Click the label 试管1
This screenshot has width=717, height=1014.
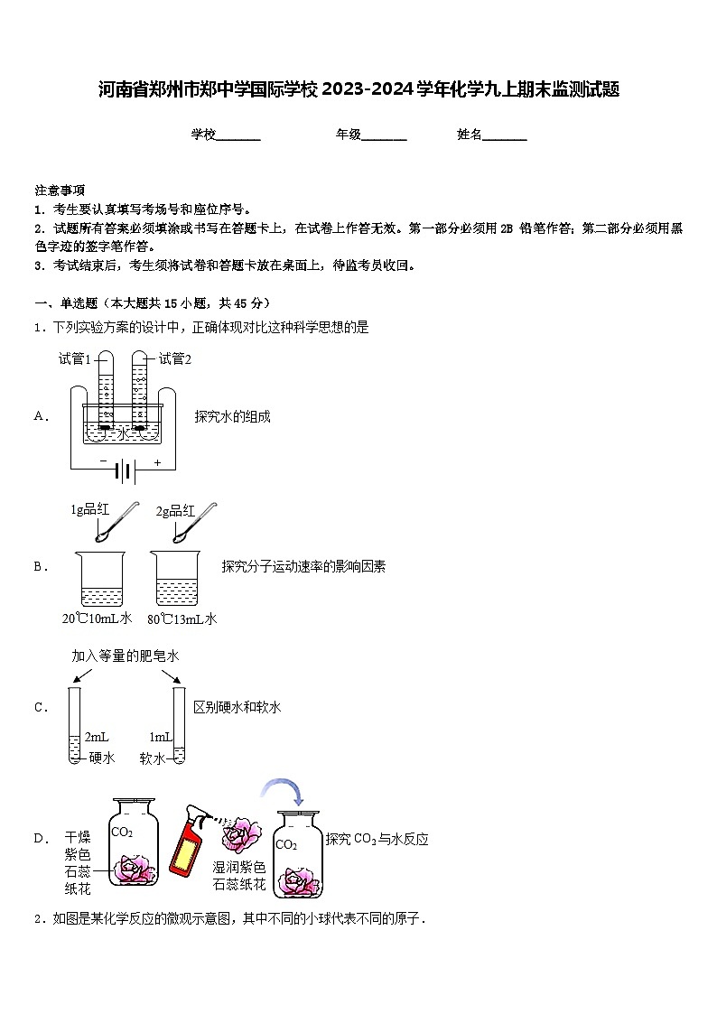[x=75, y=358]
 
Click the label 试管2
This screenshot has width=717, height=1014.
[x=175, y=358]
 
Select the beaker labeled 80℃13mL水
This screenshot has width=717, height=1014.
[x=182, y=580]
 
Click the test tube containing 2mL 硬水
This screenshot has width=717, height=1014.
[x=74, y=726]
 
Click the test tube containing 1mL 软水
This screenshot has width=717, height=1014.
[x=179, y=726]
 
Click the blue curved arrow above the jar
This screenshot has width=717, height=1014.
[x=284, y=789]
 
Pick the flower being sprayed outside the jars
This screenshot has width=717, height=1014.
[x=240, y=833]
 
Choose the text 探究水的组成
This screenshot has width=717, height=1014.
[x=232, y=416]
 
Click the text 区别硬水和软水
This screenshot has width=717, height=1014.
[x=237, y=707]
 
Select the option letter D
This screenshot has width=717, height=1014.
[x=40, y=839]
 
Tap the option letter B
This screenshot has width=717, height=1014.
[x=40, y=567]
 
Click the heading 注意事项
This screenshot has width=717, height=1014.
[x=60, y=190]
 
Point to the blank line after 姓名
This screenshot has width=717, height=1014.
[x=505, y=136]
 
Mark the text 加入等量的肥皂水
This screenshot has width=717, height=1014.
[x=126, y=656]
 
